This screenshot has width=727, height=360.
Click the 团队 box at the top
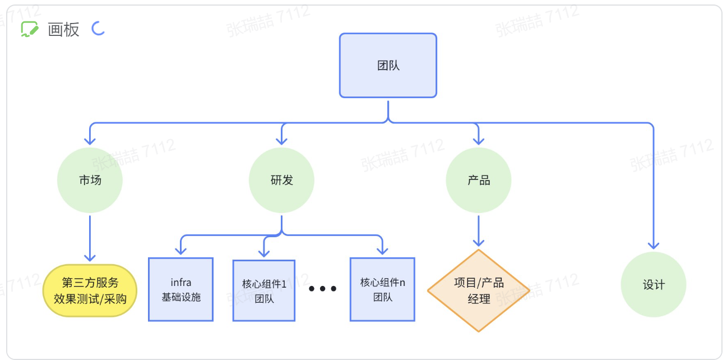(388, 66)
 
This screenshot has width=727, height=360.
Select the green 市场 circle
(90, 180)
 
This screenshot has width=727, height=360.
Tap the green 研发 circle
(281, 180)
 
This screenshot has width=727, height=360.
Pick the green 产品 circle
(478, 180)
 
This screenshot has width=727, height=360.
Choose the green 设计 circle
(653, 284)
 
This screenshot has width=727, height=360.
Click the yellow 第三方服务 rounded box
(90, 290)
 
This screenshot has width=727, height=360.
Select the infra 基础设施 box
(180, 289)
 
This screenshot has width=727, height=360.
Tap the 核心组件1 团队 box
(264, 290)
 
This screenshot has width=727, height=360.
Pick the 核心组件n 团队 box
(382, 289)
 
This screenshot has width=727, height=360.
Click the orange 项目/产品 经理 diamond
(478, 290)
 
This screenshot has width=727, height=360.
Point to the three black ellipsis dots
(322, 289)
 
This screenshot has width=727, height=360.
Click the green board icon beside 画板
(29, 29)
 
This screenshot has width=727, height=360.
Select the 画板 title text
(63, 30)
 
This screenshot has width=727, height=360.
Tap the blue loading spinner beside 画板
(99, 28)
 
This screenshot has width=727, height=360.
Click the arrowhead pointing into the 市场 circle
(90, 140)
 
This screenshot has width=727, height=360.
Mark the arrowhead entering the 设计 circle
(653, 244)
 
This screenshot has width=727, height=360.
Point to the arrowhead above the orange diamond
(478, 242)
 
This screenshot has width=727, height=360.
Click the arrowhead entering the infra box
(180, 251)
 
